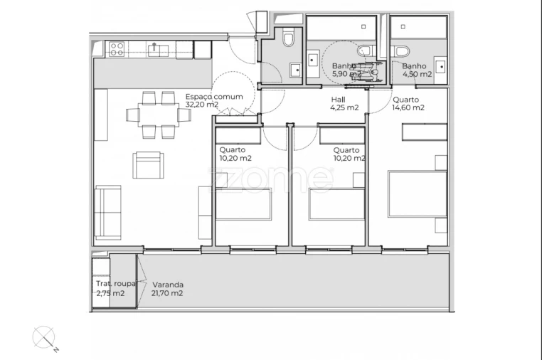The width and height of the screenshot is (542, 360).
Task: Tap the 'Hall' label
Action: [x=339, y=100]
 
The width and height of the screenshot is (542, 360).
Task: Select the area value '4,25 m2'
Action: [x=344, y=108]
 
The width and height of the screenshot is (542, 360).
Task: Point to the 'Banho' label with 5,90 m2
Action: [x=344, y=66]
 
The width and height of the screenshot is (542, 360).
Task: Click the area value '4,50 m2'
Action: [x=417, y=74]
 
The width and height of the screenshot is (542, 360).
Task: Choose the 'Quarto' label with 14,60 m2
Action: [x=405, y=100]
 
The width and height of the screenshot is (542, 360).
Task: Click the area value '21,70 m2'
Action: [x=167, y=292]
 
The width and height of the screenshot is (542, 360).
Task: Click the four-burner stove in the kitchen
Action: [x=117, y=49]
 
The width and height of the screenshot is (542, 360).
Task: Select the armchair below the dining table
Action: [x=147, y=166]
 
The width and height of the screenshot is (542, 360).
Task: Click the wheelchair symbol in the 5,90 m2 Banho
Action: [x=370, y=70]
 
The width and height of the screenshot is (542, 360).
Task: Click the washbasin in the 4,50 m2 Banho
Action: [x=441, y=68]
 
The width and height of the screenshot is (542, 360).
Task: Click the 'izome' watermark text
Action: [x=270, y=179]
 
